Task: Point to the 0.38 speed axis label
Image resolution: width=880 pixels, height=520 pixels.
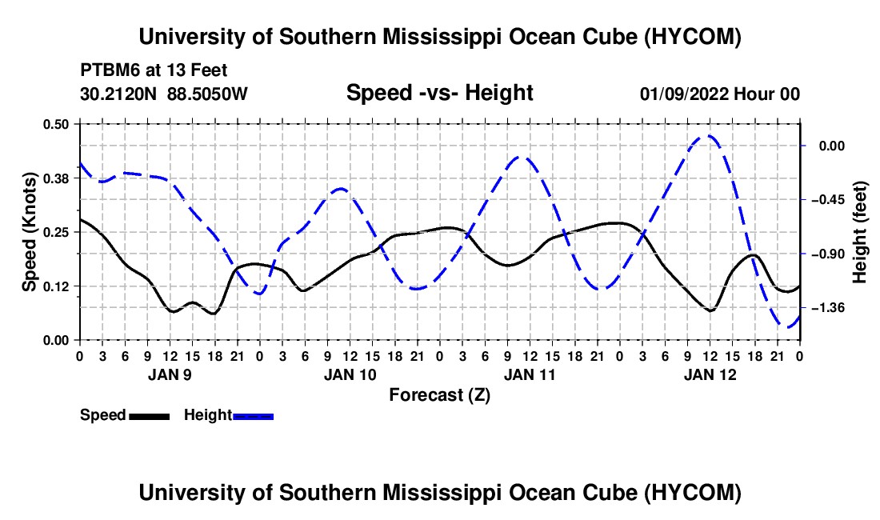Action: tap(55, 178)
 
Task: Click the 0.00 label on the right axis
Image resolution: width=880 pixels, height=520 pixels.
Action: tap(832, 146)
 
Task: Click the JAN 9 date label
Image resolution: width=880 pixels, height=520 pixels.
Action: tap(170, 374)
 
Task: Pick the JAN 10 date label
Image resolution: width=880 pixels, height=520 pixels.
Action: tap(350, 374)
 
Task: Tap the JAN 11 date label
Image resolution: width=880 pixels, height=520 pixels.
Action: tap(530, 374)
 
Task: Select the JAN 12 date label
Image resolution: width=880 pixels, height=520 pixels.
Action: tap(710, 374)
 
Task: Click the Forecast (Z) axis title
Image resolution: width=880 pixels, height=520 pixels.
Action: tap(439, 395)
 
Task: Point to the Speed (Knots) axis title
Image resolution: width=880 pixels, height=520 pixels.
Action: tap(29, 232)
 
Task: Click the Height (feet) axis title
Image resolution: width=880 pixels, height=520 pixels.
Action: tap(859, 232)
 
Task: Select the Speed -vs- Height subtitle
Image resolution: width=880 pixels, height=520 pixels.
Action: tap(439, 93)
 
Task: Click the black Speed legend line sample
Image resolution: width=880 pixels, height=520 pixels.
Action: tap(150, 417)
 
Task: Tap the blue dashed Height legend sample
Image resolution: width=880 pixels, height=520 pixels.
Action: tap(253, 417)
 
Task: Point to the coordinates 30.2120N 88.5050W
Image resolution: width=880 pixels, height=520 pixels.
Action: tap(163, 94)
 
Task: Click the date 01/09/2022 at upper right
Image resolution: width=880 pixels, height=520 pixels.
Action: tap(684, 94)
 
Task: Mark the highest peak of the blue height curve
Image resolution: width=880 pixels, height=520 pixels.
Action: tap(708, 136)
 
